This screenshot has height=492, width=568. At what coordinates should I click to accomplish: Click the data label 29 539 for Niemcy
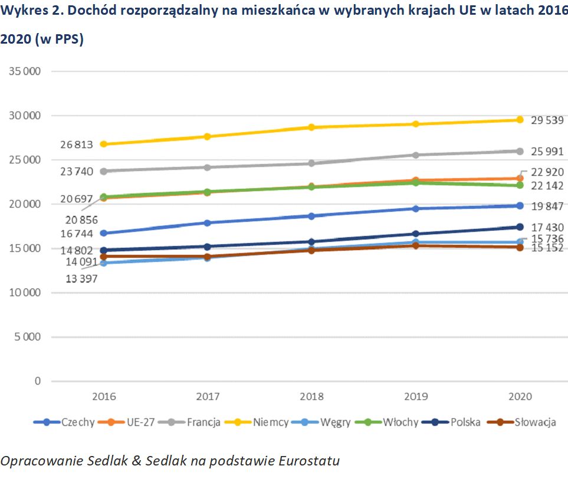547,120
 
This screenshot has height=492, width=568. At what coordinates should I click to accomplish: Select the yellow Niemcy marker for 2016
104,144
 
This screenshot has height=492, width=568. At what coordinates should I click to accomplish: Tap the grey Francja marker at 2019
416,155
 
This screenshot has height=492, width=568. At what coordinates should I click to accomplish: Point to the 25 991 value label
547,152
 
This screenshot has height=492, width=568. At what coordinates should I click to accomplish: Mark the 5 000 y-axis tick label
27,337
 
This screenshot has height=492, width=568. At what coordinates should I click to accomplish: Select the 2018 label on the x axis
311,396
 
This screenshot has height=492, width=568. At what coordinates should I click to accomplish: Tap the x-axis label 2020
520,396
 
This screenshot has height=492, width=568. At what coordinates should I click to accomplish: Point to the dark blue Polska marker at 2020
520,227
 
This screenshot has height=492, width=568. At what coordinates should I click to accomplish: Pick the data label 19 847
547,206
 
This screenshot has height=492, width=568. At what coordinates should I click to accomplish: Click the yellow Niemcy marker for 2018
311,127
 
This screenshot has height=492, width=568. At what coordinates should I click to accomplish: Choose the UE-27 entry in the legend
140,422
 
